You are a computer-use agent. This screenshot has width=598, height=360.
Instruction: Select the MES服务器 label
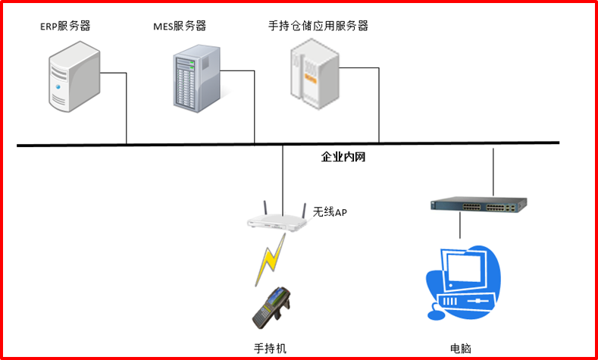179,27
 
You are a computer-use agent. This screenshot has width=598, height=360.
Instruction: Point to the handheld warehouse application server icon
313,74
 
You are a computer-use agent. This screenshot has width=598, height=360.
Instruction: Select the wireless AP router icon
277,219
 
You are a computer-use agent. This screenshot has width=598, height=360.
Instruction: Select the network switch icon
477,205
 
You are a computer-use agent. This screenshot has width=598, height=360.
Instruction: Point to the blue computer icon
464,280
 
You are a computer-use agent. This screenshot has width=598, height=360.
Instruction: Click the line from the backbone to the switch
493,171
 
